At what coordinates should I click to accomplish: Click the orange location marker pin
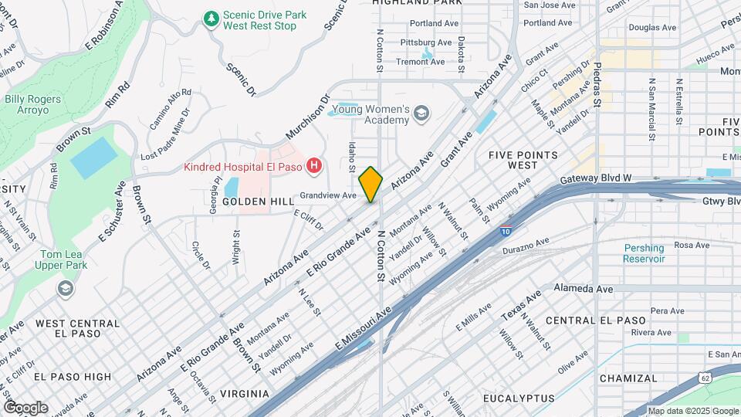(x=370, y=185)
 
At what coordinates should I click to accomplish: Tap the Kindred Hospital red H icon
(x=314, y=165)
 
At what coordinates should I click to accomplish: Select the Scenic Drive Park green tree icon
(x=210, y=17)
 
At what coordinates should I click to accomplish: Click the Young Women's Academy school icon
(x=421, y=115)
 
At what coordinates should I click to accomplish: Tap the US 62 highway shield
(x=705, y=378)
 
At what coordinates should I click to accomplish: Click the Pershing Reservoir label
(x=645, y=253)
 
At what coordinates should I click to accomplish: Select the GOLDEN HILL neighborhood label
(x=259, y=201)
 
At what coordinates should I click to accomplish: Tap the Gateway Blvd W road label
(x=596, y=178)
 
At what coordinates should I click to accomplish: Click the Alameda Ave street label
(x=583, y=288)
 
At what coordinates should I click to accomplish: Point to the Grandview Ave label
(x=328, y=195)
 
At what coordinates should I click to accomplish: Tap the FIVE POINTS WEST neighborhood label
(x=523, y=160)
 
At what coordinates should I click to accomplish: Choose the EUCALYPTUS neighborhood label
(x=518, y=398)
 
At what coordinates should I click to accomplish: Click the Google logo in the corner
(x=25, y=407)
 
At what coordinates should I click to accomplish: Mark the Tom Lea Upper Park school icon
(x=66, y=288)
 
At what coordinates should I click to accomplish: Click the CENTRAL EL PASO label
(x=595, y=320)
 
